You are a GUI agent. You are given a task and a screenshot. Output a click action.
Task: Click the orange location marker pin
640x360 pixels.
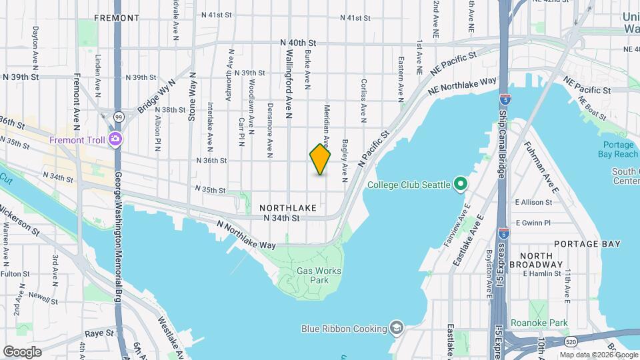pos(320,159)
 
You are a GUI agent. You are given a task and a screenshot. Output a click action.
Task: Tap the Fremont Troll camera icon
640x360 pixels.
pos(116,139)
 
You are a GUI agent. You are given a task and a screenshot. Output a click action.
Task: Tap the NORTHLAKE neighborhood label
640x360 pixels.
pos(289,208)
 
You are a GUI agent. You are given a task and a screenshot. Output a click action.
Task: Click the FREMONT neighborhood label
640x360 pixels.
pos(116,17)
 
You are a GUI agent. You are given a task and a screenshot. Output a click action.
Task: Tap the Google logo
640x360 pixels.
pos(22,351)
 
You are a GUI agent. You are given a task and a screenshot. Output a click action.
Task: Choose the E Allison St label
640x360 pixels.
pos(533,202)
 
